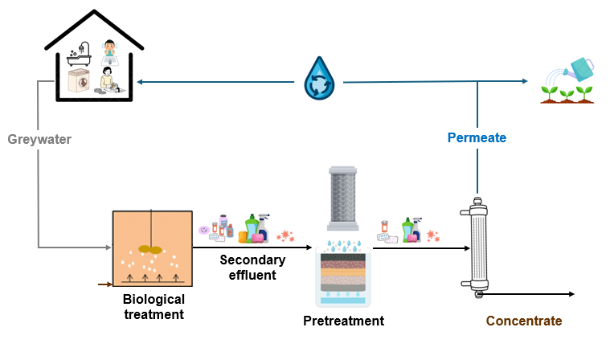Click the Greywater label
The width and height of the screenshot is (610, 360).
point(39,140)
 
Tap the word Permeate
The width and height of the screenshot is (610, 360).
point(477,137)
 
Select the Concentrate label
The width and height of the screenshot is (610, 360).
point(523,321)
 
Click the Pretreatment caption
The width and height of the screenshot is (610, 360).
point(343,321)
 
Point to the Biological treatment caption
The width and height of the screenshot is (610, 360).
point(154,306)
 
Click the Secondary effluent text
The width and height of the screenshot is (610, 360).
point(252,267)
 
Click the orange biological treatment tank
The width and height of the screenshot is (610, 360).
point(152,248)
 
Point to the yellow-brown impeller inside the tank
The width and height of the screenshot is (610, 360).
point(150,249)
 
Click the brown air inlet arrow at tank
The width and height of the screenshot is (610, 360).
point(105,284)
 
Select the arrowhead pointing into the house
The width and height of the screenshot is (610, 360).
point(140,81)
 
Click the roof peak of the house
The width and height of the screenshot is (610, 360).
point(94,14)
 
